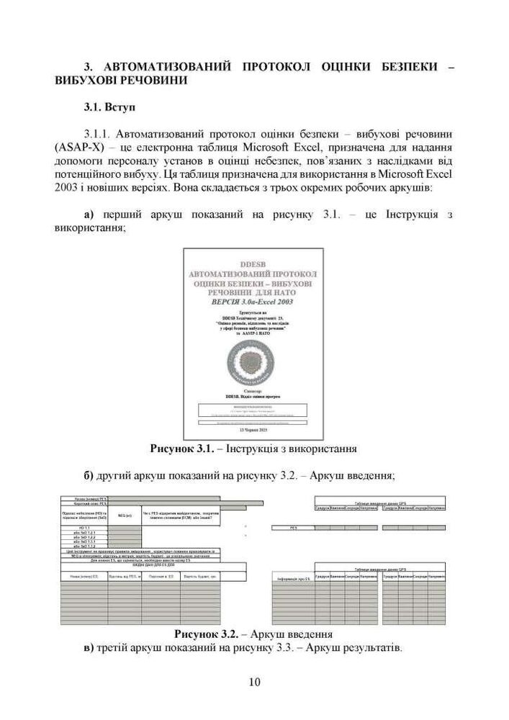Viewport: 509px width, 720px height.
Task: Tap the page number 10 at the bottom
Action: (x=254, y=682)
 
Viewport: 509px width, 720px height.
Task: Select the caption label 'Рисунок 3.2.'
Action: (x=205, y=634)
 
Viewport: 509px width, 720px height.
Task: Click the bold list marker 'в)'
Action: (x=89, y=648)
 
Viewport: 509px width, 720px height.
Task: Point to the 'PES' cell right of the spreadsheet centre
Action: (x=293, y=528)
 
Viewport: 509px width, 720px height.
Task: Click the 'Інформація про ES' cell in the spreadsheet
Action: (x=293, y=578)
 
